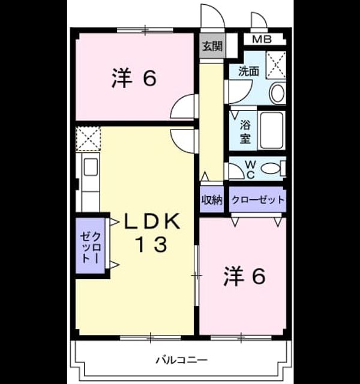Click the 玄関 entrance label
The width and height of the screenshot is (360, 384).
point(212,46)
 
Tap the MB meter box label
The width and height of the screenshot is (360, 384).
point(262,40)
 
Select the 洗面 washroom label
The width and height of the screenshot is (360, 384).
point(248,71)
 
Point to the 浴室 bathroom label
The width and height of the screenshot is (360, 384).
point(245,132)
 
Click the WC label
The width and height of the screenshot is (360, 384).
point(251,169)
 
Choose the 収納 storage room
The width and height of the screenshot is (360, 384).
point(212,200)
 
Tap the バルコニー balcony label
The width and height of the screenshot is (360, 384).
point(182,360)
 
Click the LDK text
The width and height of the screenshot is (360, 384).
point(152,221)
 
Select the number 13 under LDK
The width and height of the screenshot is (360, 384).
point(152,244)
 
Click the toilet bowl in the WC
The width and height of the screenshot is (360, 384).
point(271,169)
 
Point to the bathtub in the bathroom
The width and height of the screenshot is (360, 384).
point(271,130)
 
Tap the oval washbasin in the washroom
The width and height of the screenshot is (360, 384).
point(277,93)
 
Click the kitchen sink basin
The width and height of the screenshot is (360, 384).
point(91,167)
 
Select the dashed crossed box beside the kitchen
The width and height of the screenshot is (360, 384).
point(88,138)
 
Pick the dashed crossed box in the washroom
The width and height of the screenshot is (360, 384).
point(276,65)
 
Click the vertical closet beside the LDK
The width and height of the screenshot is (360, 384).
point(91,245)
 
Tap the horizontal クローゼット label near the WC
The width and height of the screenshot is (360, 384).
point(258,200)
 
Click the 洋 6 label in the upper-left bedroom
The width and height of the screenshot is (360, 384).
point(134,78)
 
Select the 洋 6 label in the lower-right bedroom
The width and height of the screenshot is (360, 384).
point(244,276)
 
